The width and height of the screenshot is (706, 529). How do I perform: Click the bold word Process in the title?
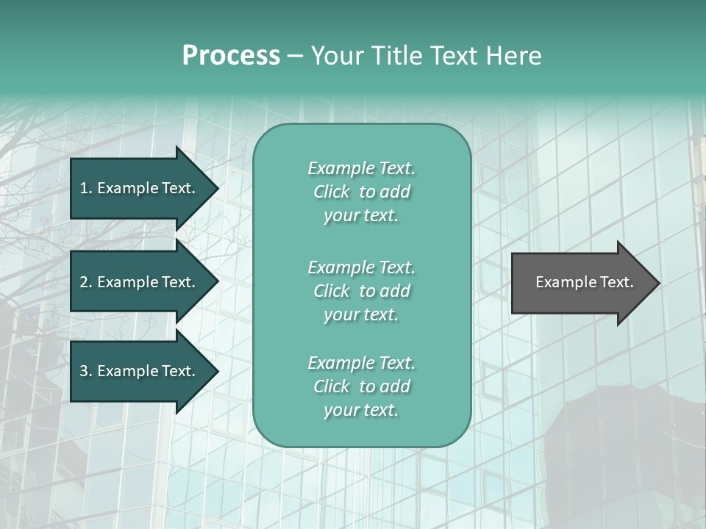pyautogui.click(x=231, y=56)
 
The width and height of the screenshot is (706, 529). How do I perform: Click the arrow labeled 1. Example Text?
pyautogui.click(x=138, y=188)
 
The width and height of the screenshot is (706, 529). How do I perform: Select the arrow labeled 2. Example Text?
pyautogui.click(x=138, y=282)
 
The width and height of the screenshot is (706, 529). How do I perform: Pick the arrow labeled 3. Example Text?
pyautogui.click(x=138, y=371)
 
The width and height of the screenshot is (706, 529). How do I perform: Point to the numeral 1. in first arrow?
pyautogui.click(x=85, y=188)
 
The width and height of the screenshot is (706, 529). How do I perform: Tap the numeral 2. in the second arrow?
pyautogui.click(x=85, y=282)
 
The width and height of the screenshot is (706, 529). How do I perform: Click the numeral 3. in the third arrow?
pyautogui.click(x=85, y=371)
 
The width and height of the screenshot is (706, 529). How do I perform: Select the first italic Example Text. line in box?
pyautogui.click(x=361, y=168)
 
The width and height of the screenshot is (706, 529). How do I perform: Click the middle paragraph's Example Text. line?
pyautogui.click(x=361, y=267)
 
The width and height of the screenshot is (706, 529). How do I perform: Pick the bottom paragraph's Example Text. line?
pyautogui.click(x=361, y=363)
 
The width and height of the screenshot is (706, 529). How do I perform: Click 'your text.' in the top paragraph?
pyautogui.click(x=361, y=216)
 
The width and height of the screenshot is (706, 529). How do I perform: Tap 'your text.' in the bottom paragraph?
pyautogui.click(x=361, y=411)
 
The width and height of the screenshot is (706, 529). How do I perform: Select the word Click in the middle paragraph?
pyautogui.click(x=332, y=291)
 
